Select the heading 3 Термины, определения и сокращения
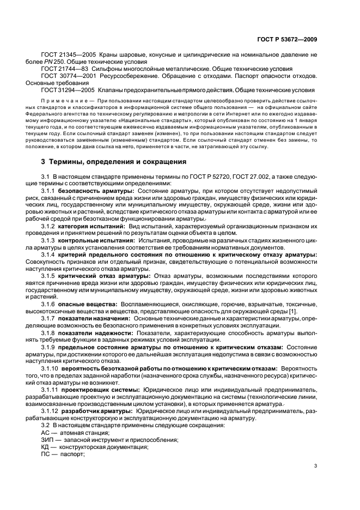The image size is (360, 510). point(114,162)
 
